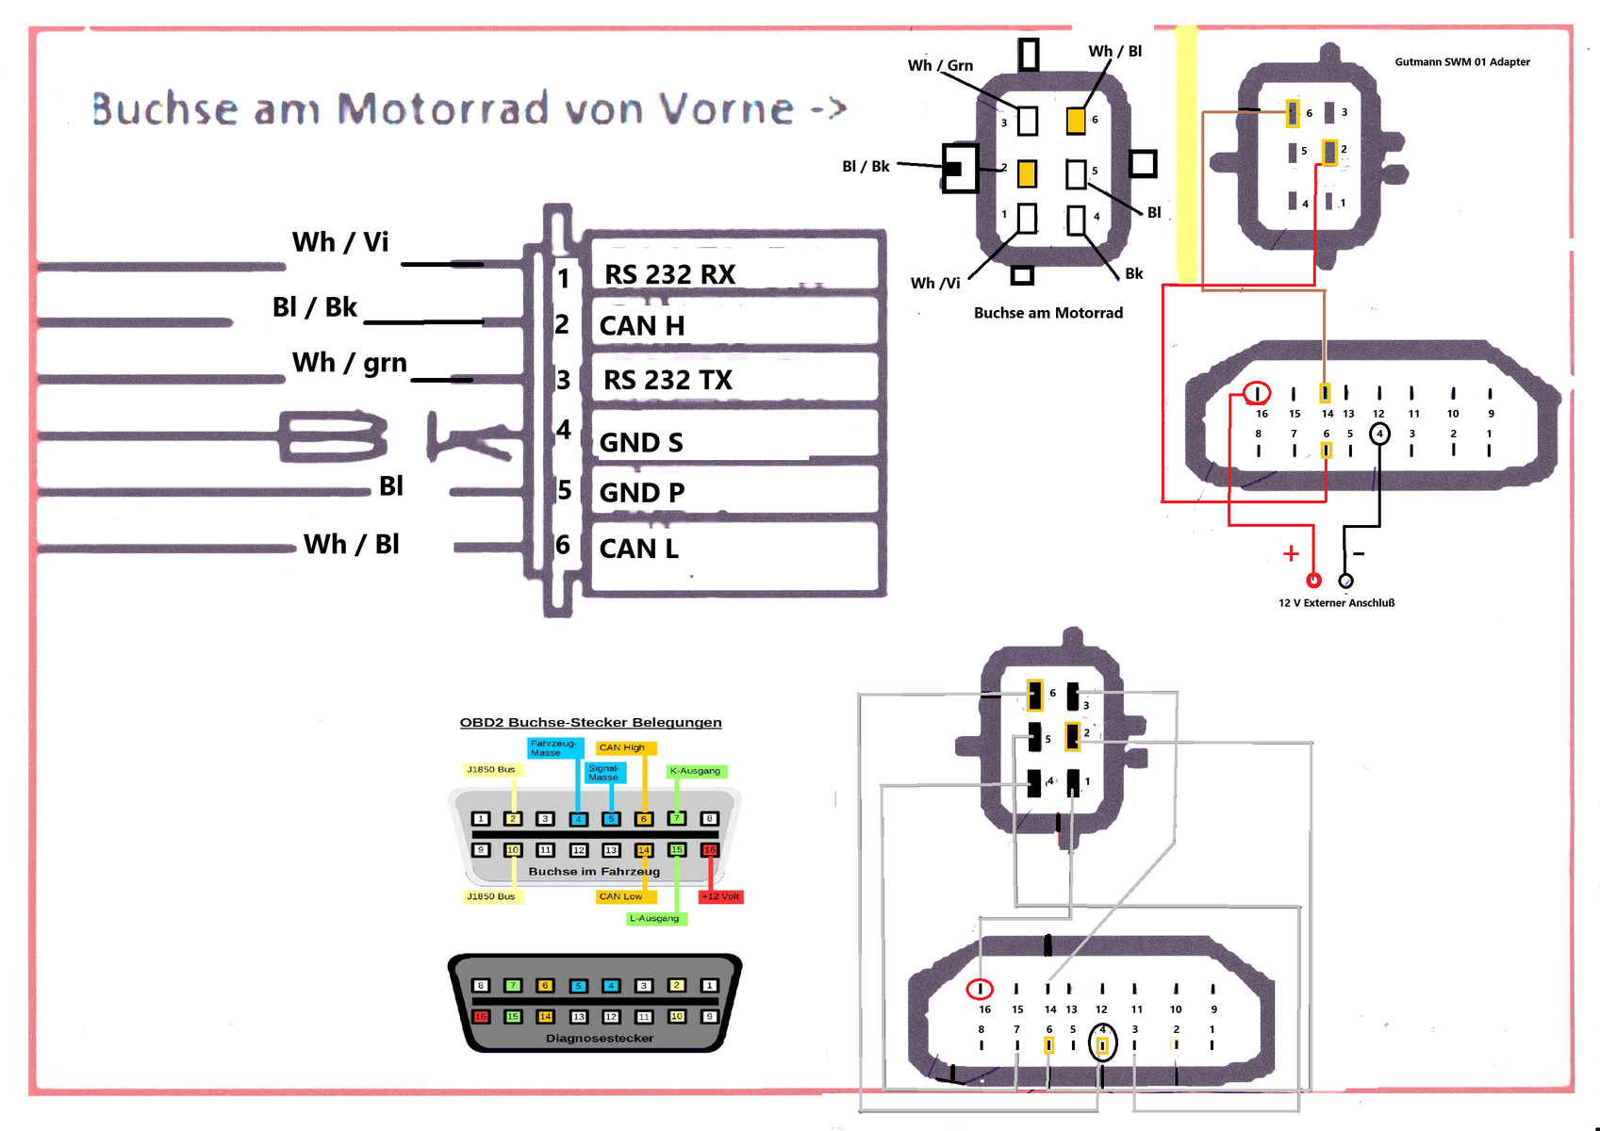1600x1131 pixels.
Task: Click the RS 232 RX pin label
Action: [669, 274]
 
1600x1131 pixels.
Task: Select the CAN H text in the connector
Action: [642, 326]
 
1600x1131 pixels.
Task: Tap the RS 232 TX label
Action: [668, 381]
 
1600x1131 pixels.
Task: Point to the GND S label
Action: [641, 443]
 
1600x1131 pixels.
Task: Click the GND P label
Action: [642, 493]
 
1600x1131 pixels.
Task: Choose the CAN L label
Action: [638, 549]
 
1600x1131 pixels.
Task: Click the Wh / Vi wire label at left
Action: [340, 242]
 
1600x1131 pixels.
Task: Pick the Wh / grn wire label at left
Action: [349, 363]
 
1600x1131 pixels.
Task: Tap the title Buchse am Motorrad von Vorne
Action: [469, 109]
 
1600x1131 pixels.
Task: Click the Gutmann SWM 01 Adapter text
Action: [1462, 62]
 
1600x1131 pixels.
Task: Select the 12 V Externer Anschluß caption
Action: [1336, 603]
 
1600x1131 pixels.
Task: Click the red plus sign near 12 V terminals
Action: [1291, 554]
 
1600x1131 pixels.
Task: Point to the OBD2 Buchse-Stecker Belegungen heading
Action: [590, 723]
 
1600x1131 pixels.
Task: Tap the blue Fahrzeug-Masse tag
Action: [553, 748]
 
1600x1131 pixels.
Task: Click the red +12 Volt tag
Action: [721, 896]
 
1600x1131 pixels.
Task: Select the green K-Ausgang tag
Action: [695, 771]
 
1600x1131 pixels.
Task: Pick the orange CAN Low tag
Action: [621, 896]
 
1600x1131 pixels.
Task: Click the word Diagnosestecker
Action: [600, 1039]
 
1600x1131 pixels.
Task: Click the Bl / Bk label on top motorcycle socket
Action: [866, 167]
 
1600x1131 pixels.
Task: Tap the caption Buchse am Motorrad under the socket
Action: [1048, 313]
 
